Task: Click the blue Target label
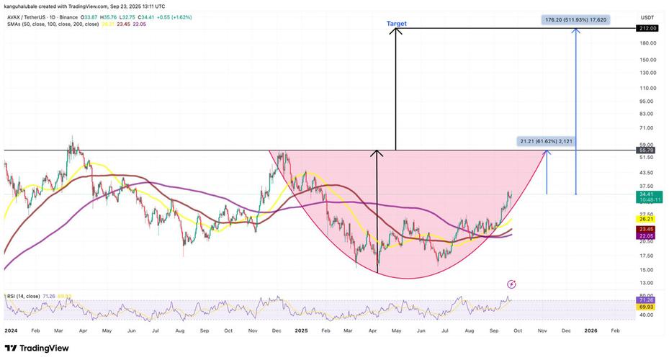[x=397, y=24]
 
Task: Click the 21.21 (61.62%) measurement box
[x=546, y=142]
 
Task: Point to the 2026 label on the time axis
[x=591, y=330]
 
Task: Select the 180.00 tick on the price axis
[x=646, y=43]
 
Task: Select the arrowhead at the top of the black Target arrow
[x=395, y=31]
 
